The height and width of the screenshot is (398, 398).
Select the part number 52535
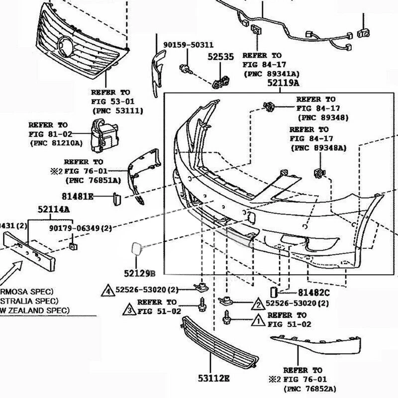pyautogui.click(x=220, y=58)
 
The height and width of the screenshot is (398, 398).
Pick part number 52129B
pyautogui.click(x=140, y=273)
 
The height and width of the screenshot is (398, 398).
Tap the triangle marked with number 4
pyautogui.click(x=108, y=290)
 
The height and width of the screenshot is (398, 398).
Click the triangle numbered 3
pyautogui.click(x=128, y=311)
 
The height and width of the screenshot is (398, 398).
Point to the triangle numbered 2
pyautogui.click(x=258, y=303)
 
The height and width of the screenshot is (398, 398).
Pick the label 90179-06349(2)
pyautogui.click(x=80, y=228)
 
